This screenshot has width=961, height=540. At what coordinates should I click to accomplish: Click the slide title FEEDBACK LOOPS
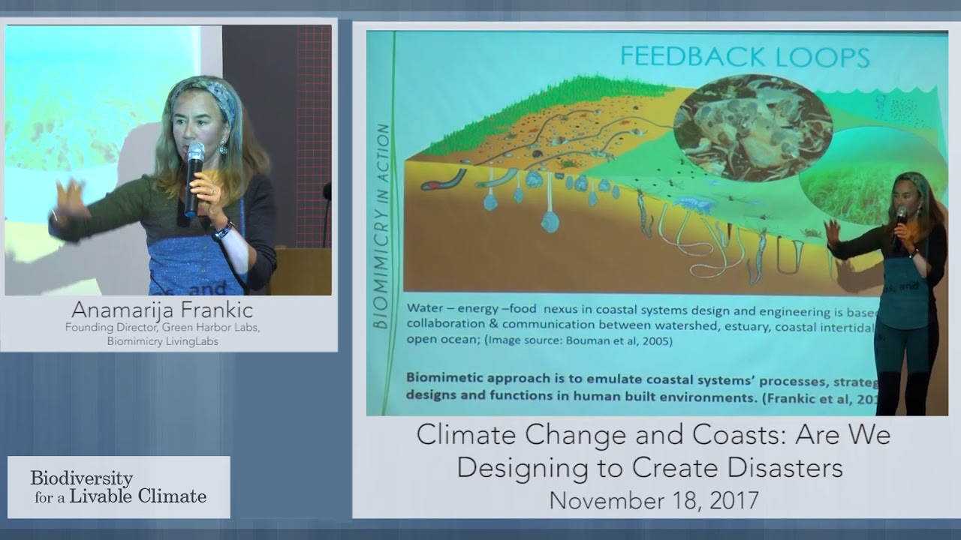click(x=745, y=58)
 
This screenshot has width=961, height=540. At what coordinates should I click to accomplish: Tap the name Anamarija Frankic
click(x=162, y=310)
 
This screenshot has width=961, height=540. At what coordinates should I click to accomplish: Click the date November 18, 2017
click(x=653, y=499)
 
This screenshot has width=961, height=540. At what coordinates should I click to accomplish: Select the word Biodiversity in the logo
click(x=82, y=478)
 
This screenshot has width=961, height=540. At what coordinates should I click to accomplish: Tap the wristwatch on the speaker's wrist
click(x=222, y=231)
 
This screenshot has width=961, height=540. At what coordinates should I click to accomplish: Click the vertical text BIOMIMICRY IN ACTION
click(x=383, y=225)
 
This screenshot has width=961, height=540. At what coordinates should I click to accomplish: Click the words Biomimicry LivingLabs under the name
click(x=162, y=341)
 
